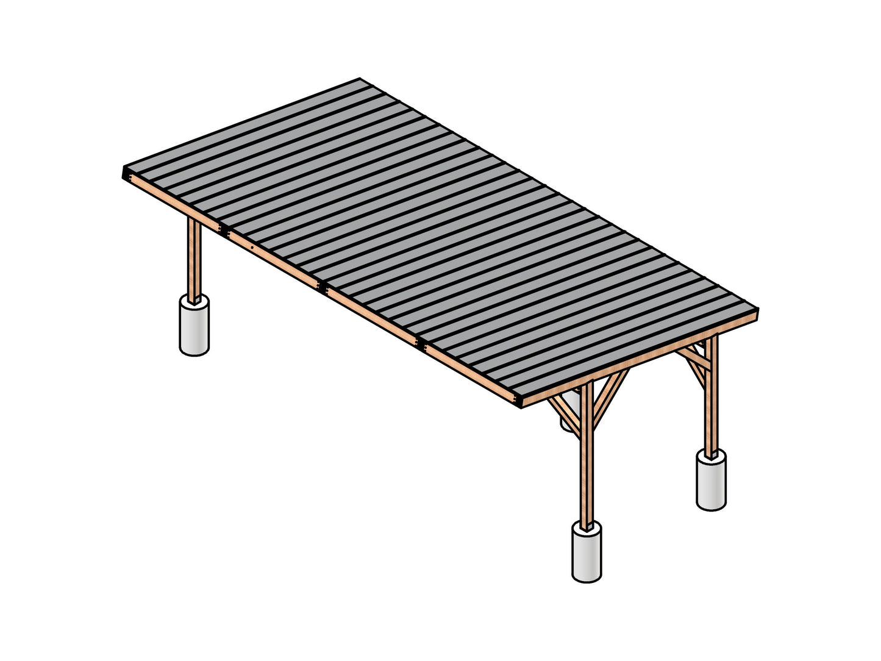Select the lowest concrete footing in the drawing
(587, 551)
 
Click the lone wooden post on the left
(193, 259)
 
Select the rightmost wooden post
(711, 396)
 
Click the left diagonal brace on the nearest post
(566, 415)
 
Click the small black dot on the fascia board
(252, 248)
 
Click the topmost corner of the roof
(360, 79)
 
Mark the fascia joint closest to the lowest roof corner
(421, 345)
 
